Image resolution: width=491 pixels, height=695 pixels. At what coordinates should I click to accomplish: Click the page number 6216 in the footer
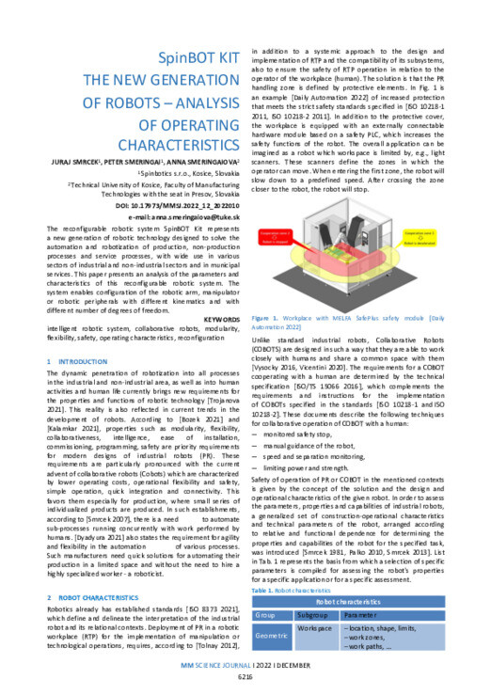245,675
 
